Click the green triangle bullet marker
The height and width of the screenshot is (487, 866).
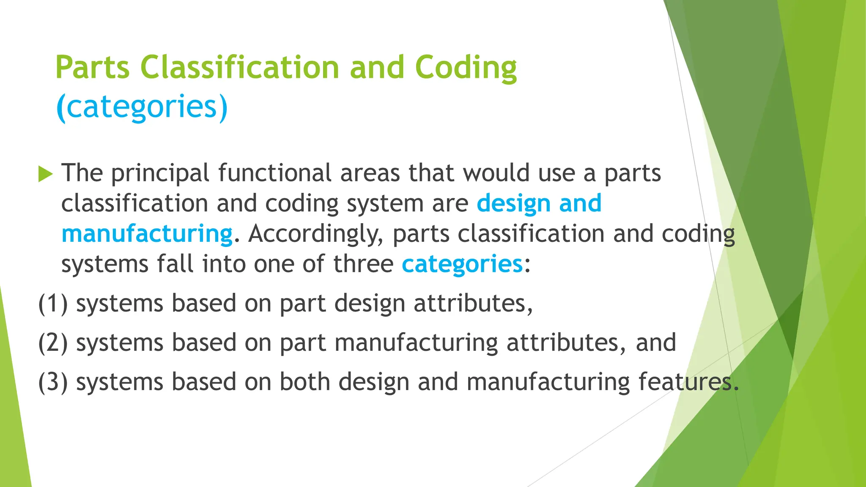click(45, 174)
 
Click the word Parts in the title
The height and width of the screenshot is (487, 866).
click(92, 68)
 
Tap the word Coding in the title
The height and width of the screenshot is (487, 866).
click(466, 68)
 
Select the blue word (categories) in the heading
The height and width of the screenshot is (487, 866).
click(142, 107)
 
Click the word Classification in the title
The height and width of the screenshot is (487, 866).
click(239, 68)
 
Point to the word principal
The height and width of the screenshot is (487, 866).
click(160, 174)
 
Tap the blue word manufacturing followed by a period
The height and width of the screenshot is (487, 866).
click(147, 234)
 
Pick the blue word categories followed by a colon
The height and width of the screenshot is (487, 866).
click(462, 265)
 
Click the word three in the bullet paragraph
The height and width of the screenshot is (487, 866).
click(363, 264)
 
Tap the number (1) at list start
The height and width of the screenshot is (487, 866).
click(53, 304)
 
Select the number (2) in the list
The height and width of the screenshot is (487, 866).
click(53, 343)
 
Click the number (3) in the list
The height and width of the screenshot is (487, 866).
click(53, 382)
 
